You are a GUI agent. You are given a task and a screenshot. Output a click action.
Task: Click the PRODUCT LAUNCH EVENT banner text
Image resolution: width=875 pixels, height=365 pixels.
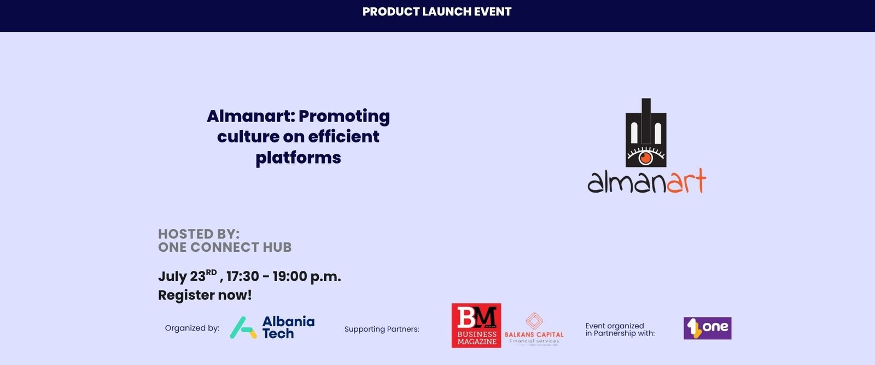pyautogui.click(x=437, y=11)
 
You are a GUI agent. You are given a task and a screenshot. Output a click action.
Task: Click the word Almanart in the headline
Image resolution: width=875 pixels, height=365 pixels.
pyautogui.click(x=250, y=116)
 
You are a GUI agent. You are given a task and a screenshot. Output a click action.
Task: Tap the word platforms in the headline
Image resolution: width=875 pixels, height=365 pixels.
pyautogui.click(x=298, y=158)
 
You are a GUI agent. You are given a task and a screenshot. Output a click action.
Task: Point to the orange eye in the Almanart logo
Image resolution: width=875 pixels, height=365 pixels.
pyautogui.click(x=646, y=158)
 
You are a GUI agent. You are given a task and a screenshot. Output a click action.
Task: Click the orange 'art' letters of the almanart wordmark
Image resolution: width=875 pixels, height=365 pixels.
pyautogui.click(x=686, y=181)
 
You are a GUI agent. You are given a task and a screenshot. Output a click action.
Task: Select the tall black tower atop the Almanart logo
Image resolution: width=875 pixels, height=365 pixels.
pyautogui.click(x=646, y=121)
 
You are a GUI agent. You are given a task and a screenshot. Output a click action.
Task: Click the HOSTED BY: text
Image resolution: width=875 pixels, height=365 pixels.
pyautogui.click(x=199, y=234)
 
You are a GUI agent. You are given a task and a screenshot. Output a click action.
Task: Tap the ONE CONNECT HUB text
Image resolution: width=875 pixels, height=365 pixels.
pyautogui.click(x=225, y=247)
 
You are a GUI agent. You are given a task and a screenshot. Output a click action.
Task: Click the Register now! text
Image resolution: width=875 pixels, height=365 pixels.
pyautogui.click(x=205, y=295)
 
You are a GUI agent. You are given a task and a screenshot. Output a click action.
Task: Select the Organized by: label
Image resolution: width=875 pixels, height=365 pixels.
pyautogui.click(x=192, y=328)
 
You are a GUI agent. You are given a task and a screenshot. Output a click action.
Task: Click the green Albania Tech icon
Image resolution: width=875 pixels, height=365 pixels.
pyautogui.click(x=243, y=327)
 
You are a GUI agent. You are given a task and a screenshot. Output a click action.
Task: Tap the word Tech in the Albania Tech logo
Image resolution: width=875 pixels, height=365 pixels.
pyautogui.click(x=278, y=333)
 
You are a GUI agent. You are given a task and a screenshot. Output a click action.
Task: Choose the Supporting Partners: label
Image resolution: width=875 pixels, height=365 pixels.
pyautogui.click(x=382, y=329)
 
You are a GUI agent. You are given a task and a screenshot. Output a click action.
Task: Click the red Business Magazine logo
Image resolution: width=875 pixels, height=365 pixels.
pyautogui.click(x=476, y=326)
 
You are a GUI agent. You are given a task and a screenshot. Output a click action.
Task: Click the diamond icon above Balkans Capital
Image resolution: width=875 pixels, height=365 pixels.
pyautogui.click(x=534, y=321)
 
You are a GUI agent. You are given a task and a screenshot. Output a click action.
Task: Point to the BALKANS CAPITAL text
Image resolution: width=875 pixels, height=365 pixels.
pyautogui.click(x=534, y=334)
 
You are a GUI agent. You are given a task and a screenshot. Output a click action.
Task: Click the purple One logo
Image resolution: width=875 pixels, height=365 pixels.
pyautogui.click(x=708, y=328)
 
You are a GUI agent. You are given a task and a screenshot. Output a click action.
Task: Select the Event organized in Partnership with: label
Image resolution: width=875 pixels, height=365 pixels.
pyautogui.click(x=620, y=329)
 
